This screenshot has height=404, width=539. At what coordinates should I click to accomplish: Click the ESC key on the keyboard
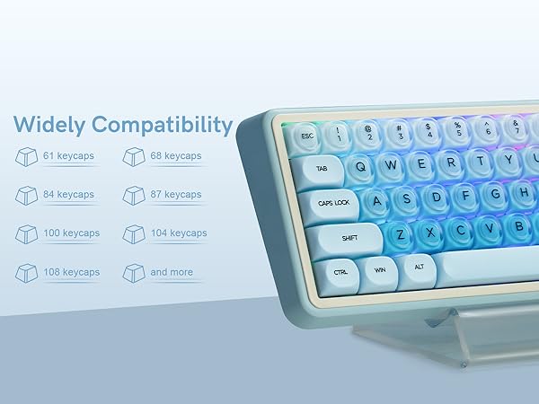[308, 136]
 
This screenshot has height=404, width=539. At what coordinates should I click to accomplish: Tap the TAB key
[322, 168]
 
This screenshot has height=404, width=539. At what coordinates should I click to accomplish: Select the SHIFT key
[349, 238]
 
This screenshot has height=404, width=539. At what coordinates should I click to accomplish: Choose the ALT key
[418, 267]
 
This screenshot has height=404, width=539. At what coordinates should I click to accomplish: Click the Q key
[361, 165]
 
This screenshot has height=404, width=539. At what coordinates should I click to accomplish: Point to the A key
[377, 200]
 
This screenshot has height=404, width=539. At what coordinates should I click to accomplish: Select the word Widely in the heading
[49, 124]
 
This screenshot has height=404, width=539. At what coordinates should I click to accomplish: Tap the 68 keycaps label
[176, 156]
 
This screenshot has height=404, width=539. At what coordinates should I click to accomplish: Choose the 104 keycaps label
[179, 233]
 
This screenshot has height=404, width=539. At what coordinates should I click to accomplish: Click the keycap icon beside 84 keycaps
[27, 196]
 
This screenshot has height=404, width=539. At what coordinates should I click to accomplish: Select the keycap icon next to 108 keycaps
[27, 272]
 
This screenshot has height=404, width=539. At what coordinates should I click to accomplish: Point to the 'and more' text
[172, 271]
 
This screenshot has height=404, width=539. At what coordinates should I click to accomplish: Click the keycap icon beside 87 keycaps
[135, 196]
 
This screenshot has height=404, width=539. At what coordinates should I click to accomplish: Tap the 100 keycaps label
[71, 233]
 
